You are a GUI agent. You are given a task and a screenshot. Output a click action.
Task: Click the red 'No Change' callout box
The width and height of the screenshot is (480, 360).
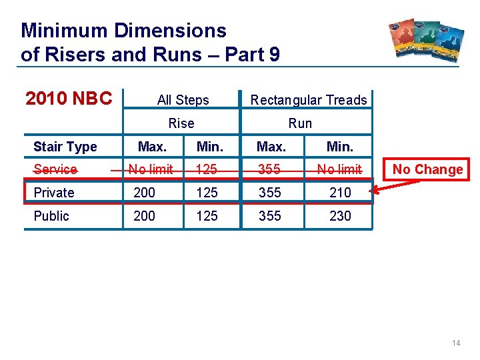pyautogui.click(x=427, y=169)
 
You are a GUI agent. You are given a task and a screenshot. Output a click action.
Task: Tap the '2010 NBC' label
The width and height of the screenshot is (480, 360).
pyautogui.click(x=69, y=99)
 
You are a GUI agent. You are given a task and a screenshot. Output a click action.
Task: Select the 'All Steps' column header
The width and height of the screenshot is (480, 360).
pyautogui.click(x=183, y=100)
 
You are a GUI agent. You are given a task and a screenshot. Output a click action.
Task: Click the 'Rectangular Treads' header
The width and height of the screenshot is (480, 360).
pyautogui.click(x=308, y=100)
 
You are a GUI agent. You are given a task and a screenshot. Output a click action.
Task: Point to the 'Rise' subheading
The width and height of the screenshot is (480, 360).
pyautogui.click(x=181, y=123)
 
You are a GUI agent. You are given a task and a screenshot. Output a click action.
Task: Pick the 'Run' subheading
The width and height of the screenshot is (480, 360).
pyautogui.click(x=300, y=123)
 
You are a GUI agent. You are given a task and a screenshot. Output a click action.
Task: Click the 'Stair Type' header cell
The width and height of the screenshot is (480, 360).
pyautogui.click(x=65, y=147)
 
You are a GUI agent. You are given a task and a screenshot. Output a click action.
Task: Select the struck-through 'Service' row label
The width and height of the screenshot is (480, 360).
pyautogui.click(x=55, y=169)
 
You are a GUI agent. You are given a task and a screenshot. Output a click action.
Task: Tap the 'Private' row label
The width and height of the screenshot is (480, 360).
pyautogui.click(x=54, y=193)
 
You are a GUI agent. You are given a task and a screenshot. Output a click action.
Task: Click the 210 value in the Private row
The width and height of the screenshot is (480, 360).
pyautogui.click(x=340, y=193)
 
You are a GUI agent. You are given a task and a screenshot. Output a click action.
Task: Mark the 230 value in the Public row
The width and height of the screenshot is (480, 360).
pyautogui.click(x=340, y=216)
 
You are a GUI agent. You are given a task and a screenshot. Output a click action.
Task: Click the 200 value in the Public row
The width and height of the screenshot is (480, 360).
pyautogui.click(x=145, y=216)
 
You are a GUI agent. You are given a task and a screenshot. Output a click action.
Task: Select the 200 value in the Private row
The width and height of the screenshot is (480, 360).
pyautogui.click(x=145, y=193)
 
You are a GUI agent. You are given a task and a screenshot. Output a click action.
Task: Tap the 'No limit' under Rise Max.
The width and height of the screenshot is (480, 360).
pyautogui.click(x=151, y=169)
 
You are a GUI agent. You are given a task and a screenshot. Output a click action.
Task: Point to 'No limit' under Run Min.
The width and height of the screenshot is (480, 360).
pyautogui.click(x=339, y=169)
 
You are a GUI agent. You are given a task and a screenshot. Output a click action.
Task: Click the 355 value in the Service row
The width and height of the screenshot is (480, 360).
pyautogui.click(x=269, y=169)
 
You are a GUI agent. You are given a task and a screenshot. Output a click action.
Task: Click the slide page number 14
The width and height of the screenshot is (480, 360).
pyautogui.click(x=456, y=343)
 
